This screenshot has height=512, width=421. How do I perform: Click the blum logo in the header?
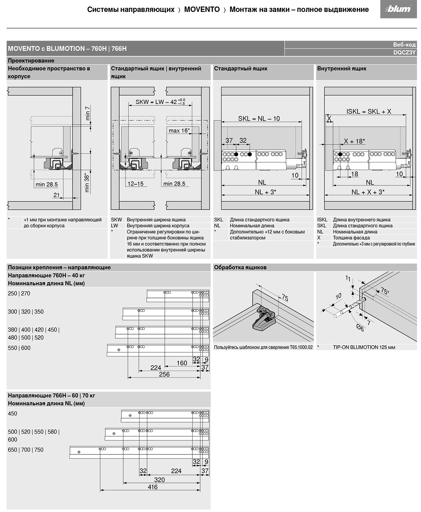tap(398, 9)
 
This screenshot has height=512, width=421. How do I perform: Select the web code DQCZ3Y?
tap(404, 52)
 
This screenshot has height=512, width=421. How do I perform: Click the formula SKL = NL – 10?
tap(259, 119)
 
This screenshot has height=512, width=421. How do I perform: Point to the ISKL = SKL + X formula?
tap(369, 111)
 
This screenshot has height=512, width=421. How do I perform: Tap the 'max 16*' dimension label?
tap(179, 131)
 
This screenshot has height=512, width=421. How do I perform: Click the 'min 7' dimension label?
tap(88, 113)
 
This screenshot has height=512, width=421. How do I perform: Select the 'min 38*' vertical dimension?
tap(87, 183)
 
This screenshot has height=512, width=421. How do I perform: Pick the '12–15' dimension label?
tap(135, 184)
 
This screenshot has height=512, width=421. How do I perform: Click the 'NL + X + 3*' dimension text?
tap(368, 192)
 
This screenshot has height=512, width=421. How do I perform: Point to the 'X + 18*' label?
tap(354, 141)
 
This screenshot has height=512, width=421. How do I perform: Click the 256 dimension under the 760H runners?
tap(164, 374)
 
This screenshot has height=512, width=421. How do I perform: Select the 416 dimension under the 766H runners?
tap(153, 487)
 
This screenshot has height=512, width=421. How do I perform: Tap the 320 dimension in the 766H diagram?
tap(159, 480)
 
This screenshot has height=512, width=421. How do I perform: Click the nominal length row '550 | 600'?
tap(19, 348)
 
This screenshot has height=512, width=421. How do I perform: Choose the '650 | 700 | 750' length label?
tap(26, 450)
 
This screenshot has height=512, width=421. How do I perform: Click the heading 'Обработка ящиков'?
tap(240, 267)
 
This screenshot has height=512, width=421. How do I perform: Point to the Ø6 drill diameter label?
tap(360, 328)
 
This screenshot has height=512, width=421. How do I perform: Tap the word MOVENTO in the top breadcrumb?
tap(202, 9)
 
